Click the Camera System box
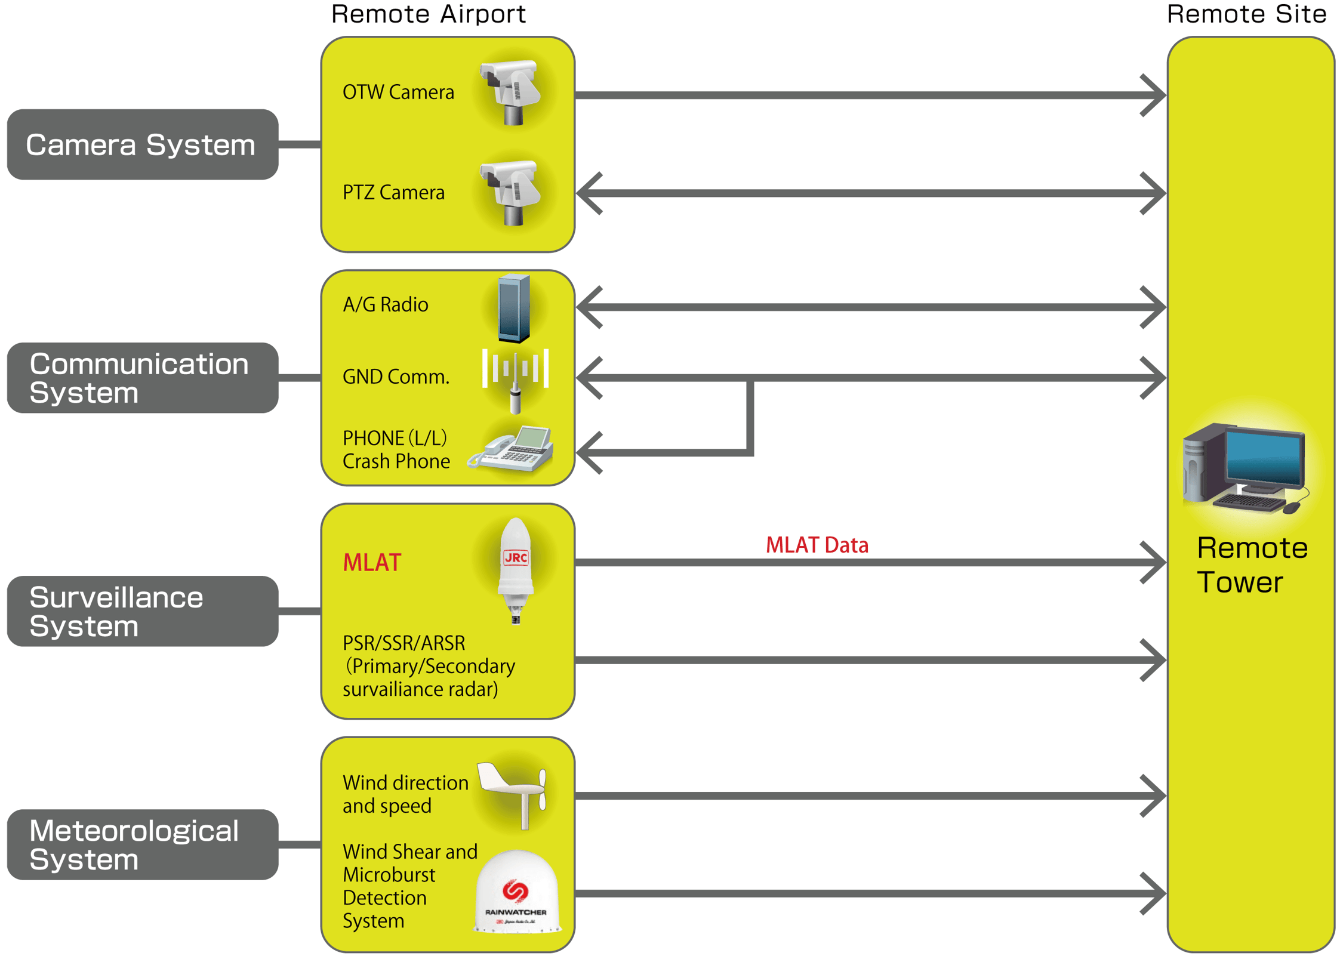(142, 144)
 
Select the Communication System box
(142, 378)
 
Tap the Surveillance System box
(142, 611)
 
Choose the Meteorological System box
(142, 844)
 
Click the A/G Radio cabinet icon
(514, 307)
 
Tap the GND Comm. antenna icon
(515, 378)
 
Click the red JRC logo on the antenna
(516, 557)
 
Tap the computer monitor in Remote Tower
(1264, 458)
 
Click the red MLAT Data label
(817, 545)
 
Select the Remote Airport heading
(428, 14)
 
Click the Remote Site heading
(1246, 14)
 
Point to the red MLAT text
(372, 562)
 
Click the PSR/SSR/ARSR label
(403, 643)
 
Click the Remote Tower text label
(1251, 565)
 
